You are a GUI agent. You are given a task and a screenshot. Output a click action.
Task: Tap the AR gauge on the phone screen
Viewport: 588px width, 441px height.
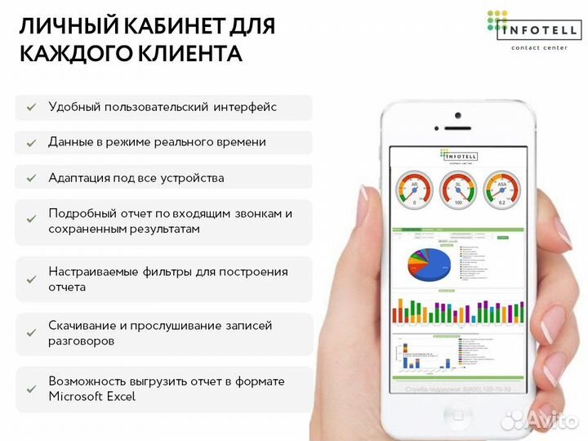414,189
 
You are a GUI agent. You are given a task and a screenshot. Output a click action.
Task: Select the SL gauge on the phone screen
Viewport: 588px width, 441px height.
457,189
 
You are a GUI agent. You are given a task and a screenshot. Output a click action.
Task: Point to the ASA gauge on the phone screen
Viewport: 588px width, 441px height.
501,189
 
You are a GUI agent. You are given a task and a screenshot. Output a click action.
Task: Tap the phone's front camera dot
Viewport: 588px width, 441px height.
457,115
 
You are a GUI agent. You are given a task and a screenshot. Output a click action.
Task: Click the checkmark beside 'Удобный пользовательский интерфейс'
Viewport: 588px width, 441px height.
31,108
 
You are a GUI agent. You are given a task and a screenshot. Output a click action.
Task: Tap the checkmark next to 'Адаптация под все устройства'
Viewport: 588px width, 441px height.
31,178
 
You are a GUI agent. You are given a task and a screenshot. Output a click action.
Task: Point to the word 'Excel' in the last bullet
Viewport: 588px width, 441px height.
119,397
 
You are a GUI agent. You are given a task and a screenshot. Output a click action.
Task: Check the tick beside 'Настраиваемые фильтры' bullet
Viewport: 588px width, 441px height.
31,279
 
